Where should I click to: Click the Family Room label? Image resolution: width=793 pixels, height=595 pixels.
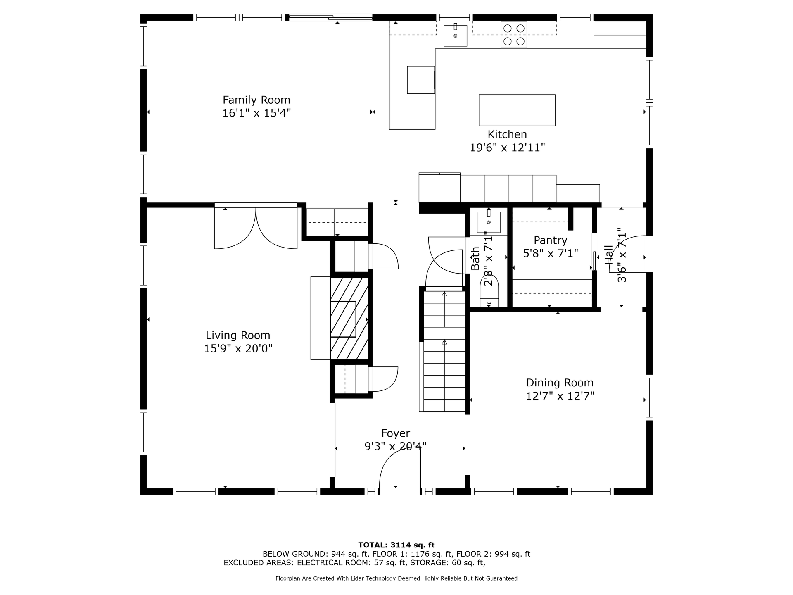pos(256,100)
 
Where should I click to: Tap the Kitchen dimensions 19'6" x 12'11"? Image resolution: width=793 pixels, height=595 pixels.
pos(507,148)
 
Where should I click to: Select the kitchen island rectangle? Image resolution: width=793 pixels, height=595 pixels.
pos(517,110)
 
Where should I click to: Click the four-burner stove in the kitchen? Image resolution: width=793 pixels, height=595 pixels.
pos(514,35)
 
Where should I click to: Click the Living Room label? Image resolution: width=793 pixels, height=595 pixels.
pos(238,336)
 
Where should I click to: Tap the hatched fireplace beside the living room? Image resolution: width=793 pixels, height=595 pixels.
pos(349,318)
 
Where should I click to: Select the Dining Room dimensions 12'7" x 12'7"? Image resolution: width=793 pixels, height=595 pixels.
pos(560,396)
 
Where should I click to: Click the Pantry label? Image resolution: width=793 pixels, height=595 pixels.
pos(550,240)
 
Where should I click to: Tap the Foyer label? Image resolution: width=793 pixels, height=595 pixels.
pos(395,433)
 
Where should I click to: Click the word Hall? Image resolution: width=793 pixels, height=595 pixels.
pos(609,255)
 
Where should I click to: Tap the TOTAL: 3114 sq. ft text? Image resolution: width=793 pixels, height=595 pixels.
pos(396,545)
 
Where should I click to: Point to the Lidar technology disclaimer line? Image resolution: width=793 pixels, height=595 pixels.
pos(396,578)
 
